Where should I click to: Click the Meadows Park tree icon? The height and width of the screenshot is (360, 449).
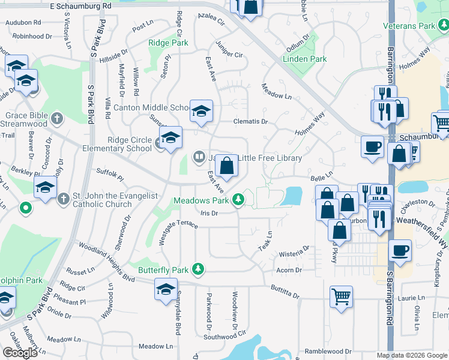pyautogui.click(x=239, y=199)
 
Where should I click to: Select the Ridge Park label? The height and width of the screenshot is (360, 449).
pyautogui.click(x=168, y=43)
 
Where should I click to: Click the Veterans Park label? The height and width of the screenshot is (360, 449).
pyautogui.click(x=409, y=26)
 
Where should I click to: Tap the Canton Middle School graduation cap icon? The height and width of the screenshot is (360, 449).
pyautogui.click(x=201, y=110)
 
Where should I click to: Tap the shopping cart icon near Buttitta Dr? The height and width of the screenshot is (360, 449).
pyautogui.click(x=341, y=296)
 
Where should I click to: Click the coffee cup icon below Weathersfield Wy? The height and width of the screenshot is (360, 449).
pyautogui.click(x=399, y=250)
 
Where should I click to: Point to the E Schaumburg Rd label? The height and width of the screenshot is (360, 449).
pyautogui.click(x=81, y=5)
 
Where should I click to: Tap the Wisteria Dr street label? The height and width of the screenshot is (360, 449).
pyautogui.click(x=294, y=247)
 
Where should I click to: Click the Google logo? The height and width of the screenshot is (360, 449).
pyautogui.click(x=20, y=352)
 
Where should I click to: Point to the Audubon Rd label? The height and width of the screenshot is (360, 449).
pyautogui.click(x=23, y=22)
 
